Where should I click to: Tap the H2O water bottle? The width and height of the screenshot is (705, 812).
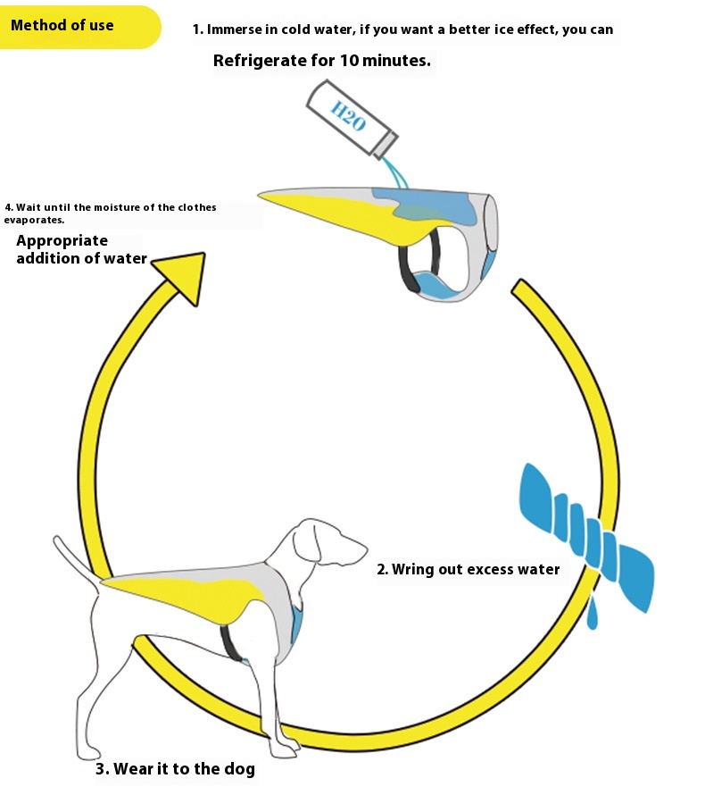click(352, 119)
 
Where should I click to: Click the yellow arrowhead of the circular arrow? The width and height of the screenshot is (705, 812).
click(183, 276)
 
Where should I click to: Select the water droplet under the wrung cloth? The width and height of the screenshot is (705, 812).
click(592, 615)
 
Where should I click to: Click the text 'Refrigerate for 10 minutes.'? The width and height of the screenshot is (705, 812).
click(322, 62)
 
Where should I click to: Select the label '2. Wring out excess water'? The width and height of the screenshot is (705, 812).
click(469, 569)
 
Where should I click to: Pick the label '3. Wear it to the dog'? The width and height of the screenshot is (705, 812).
click(175, 769)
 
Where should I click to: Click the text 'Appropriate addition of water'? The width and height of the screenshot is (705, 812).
click(81, 250)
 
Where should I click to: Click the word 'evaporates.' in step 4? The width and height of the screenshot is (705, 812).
click(34, 220)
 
